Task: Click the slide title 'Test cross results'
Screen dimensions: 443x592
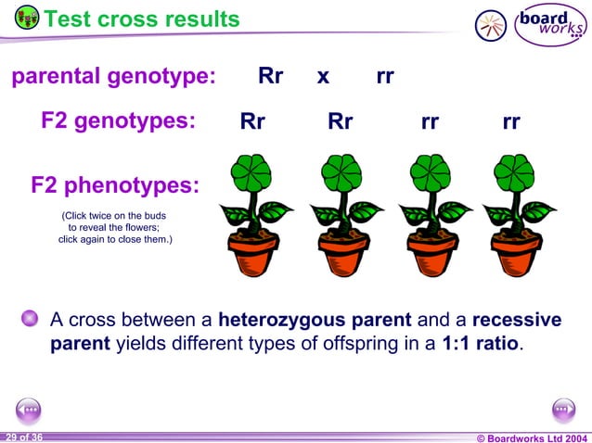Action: [x=141, y=19]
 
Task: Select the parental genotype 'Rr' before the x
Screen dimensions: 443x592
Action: [x=270, y=77]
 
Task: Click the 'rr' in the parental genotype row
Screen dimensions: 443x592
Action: [x=385, y=77]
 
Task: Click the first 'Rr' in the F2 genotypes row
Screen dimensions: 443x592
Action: [x=252, y=122]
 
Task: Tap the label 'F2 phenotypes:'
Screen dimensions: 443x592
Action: [x=115, y=185]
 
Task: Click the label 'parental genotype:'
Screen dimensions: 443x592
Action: [x=113, y=77]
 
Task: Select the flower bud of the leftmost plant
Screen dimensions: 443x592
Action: [x=252, y=175]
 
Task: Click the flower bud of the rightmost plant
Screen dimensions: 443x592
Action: [x=516, y=175]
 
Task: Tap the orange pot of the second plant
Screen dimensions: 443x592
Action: [x=341, y=254]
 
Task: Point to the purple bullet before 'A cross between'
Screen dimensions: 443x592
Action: [x=31, y=320]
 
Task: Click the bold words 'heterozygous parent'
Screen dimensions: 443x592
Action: [x=315, y=321]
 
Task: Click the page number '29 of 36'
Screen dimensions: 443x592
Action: [x=23, y=437]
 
